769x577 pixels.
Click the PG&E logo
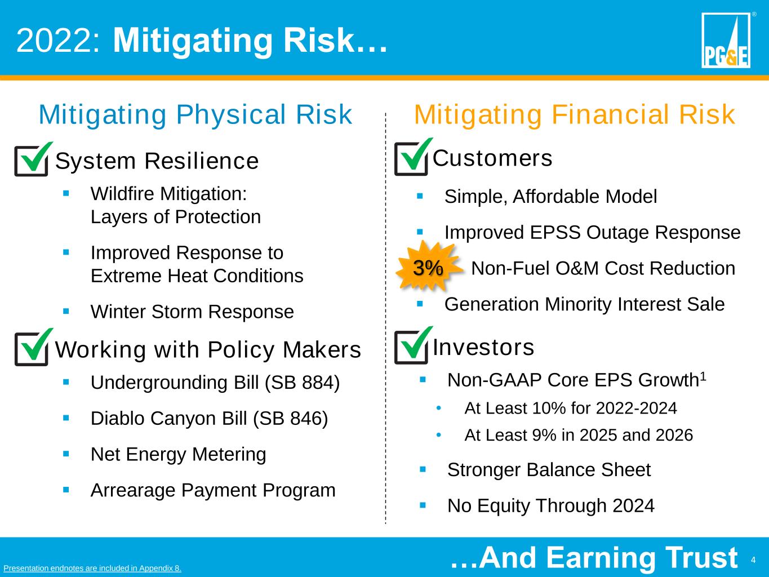click(726, 40)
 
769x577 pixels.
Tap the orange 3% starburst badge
click(428, 267)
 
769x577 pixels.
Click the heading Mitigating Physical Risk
click(195, 114)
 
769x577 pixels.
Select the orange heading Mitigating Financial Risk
click(575, 114)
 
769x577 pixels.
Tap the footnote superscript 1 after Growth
click(703, 376)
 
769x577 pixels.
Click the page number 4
click(753, 560)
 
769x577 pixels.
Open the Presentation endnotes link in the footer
click(92, 568)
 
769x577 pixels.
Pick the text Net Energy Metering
click(179, 454)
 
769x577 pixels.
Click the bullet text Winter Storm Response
click(192, 312)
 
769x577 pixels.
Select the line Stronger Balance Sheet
click(549, 470)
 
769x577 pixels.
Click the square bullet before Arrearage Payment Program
click(66, 490)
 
